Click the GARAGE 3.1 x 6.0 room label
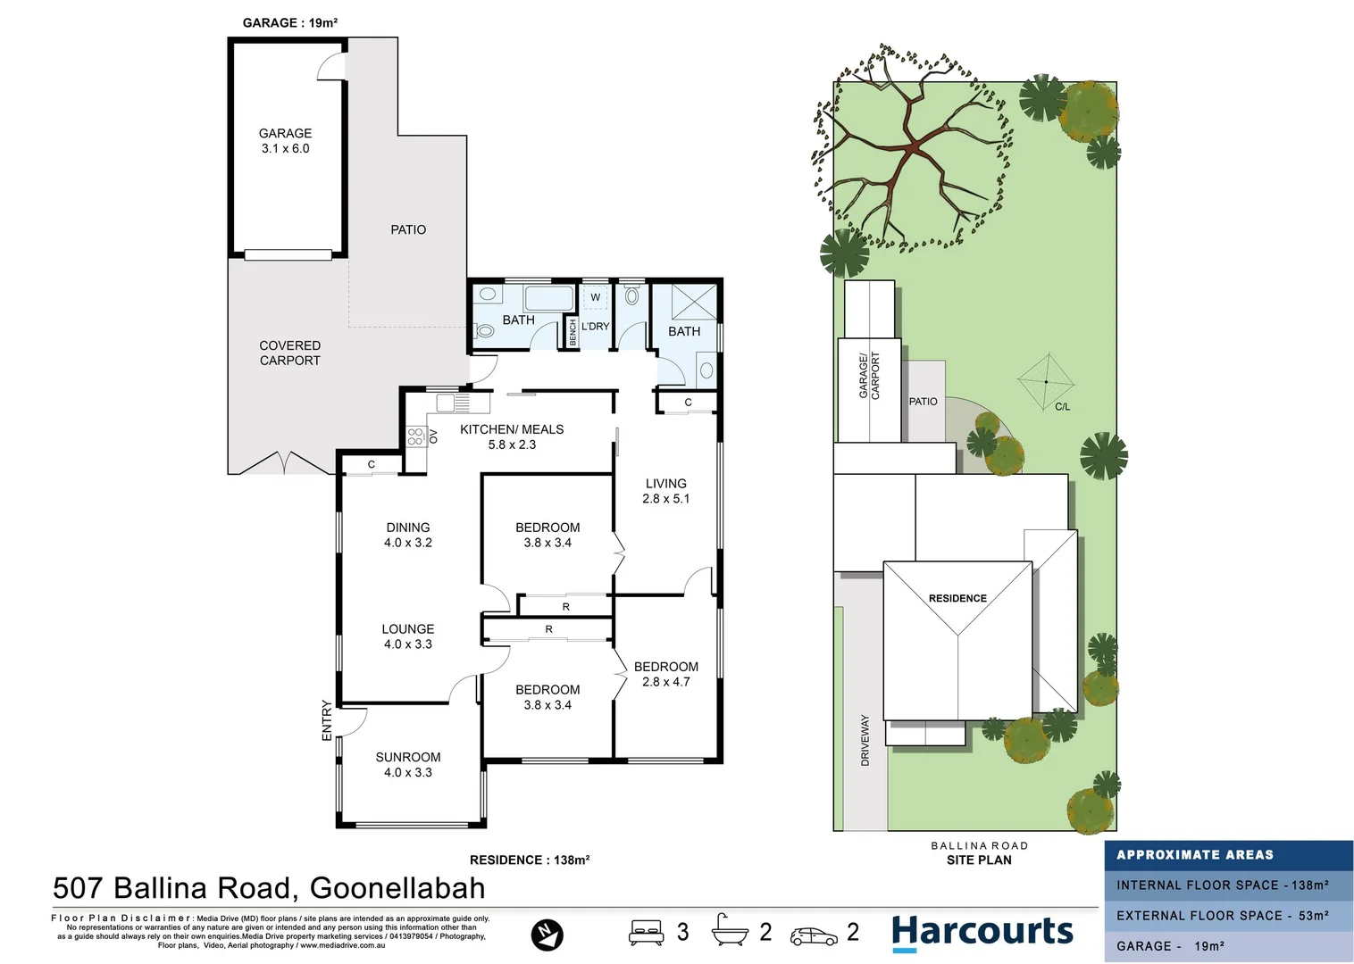(x=285, y=141)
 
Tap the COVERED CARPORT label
(x=289, y=353)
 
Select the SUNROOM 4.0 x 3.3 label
(x=407, y=765)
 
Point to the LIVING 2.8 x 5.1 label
(x=665, y=491)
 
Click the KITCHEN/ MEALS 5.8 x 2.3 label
(x=512, y=436)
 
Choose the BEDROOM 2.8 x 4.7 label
(x=665, y=674)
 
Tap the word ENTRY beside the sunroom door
(x=327, y=720)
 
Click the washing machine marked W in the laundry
(x=595, y=297)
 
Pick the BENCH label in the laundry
(x=573, y=332)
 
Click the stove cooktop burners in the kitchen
(x=415, y=436)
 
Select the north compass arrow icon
(x=547, y=934)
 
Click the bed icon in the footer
(x=646, y=933)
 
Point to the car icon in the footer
(x=814, y=935)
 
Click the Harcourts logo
(x=982, y=932)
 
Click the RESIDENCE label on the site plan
(x=957, y=598)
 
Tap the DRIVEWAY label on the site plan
(x=865, y=740)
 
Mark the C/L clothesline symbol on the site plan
(x=1047, y=382)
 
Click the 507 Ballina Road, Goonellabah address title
(x=269, y=888)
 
